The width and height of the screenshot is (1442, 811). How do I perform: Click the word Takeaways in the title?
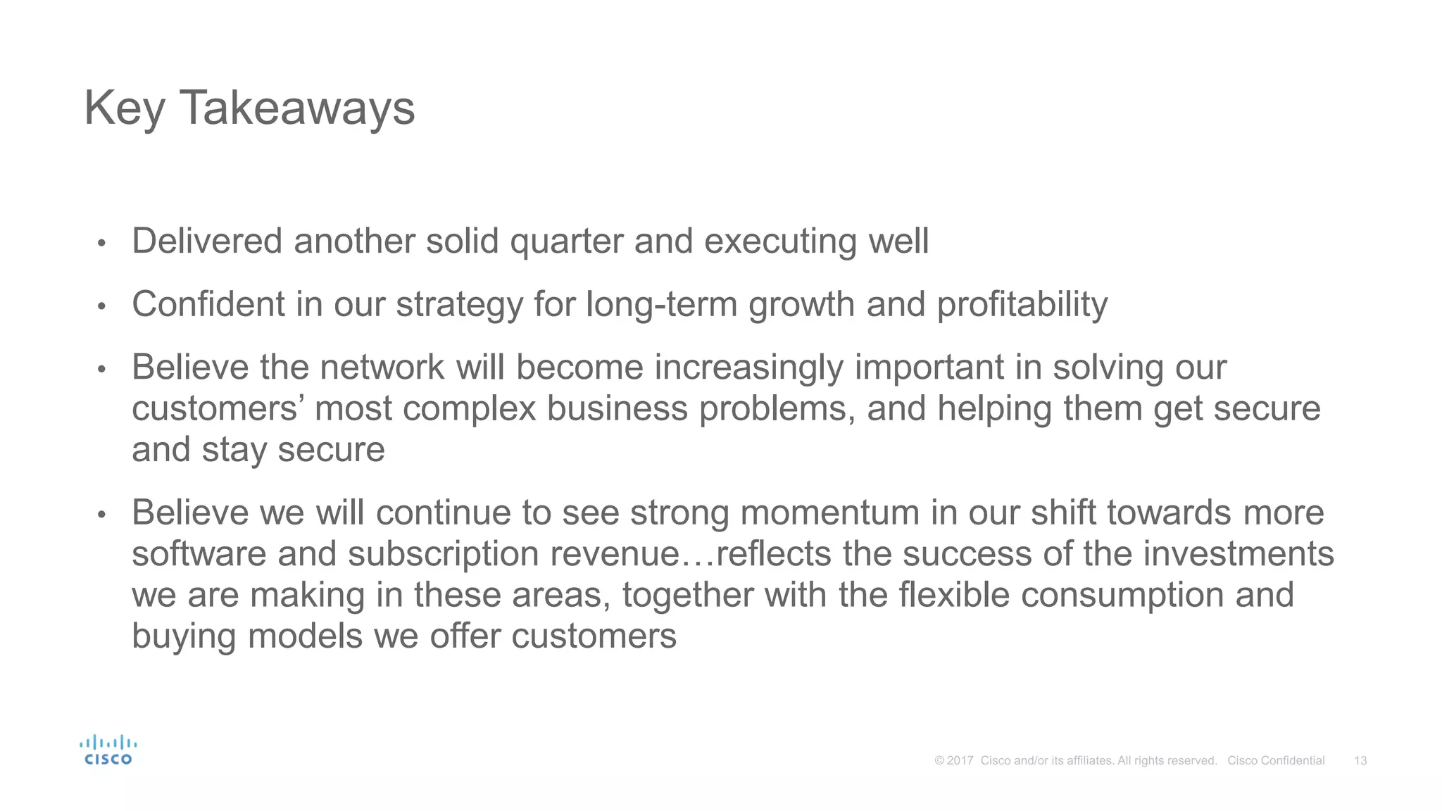[x=297, y=108]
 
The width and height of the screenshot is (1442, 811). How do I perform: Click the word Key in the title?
[x=125, y=108]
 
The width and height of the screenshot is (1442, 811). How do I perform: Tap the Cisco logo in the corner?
[x=108, y=750]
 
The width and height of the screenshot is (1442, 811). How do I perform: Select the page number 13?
[x=1360, y=760]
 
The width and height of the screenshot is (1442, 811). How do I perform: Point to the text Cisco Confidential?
[x=1276, y=760]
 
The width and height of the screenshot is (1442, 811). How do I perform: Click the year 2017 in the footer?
[x=960, y=760]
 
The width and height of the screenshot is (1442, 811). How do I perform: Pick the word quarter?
[x=566, y=242]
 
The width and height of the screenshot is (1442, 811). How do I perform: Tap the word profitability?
[x=1022, y=306]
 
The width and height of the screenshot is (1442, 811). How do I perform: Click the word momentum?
[x=829, y=513]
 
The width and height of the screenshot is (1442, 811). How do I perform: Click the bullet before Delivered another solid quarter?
[x=101, y=244]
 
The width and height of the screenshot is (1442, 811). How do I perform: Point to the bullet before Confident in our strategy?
[x=101, y=307]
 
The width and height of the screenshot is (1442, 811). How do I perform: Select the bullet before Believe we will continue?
[x=101, y=515]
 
